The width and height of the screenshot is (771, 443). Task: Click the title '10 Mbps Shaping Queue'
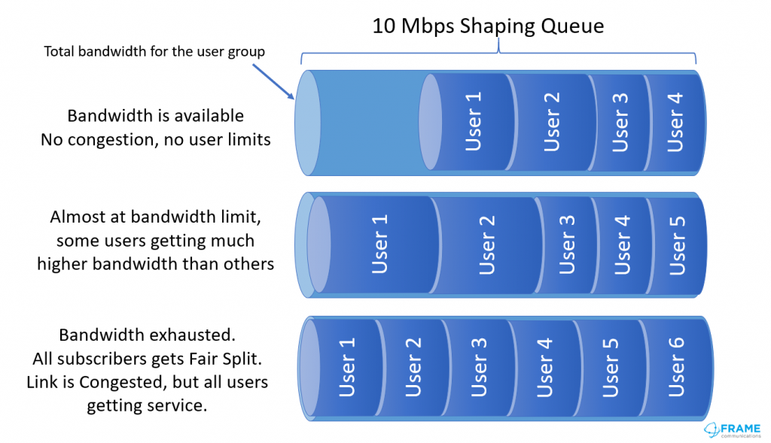[x=488, y=26]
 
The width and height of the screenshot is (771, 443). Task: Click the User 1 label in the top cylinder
[x=473, y=121]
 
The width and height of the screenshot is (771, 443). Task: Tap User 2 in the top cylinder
[x=551, y=122]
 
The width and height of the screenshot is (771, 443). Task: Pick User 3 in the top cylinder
[x=620, y=123]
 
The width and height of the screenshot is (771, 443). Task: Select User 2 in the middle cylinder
[x=486, y=244]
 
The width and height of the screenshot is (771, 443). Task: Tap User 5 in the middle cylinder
[x=677, y=244]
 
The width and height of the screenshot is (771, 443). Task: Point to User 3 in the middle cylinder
[x=566, y=244]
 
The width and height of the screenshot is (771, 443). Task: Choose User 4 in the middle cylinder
[x=621, y=244]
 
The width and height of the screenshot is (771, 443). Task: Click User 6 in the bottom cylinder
[x=675, y=367]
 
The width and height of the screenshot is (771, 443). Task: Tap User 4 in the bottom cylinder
[x=544, y=367]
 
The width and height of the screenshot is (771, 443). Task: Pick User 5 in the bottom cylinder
[x=610, y=367]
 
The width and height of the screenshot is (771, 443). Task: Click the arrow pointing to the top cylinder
[x=274, y=82]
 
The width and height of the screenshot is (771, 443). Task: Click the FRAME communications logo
[x=733, y=430]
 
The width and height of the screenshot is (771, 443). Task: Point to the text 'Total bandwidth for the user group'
[x=154, y=52]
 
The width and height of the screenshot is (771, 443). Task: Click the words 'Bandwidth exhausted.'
[x=147, y=335]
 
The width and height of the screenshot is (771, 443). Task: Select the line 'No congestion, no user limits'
[x=155, y=140]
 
